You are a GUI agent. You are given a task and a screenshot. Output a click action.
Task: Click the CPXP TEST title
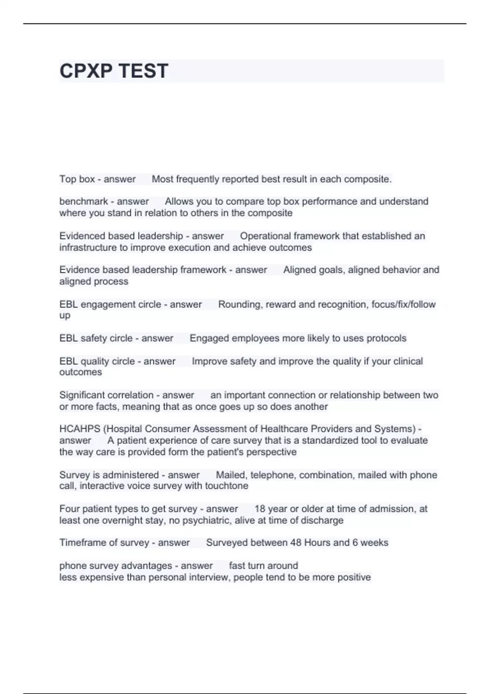pyautogui.click(x=114, y=71)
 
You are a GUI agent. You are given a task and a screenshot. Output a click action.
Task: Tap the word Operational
pyautogui.click(x=265, y=236)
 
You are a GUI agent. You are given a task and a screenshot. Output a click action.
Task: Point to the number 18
pyautogui.click(x=260, y=509)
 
